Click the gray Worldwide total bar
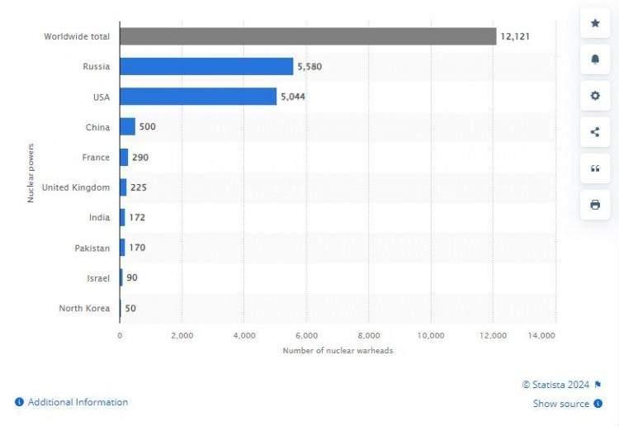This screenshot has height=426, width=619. [x=307, y=36]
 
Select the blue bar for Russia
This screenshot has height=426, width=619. [x=206, y=67]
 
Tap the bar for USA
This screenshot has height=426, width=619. [x=198, y=97]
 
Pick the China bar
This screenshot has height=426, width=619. [x=127, y=126]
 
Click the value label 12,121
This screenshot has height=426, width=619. [x=514, y=36]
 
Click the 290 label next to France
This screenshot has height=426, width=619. [x=139, y=157]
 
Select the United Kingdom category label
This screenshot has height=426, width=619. [x=75, y=187]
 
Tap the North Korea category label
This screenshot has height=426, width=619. [x=84, y=308]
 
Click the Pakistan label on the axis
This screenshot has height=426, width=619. [x=90, y=248]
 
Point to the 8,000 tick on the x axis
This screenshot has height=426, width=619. [x=370, y=335]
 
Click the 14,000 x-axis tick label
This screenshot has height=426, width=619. [x=541, y=335]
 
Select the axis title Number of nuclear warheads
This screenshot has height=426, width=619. [x=338, y=351]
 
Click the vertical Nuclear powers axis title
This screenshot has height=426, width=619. [x=31, y=173]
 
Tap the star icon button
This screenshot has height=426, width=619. [x=595, y=23]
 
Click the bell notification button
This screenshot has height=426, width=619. [x=595, y=59]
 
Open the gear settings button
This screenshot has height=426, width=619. [x=595, y=96]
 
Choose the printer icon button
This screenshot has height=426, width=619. [x=595, y=205]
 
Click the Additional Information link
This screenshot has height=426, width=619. [x=78, y=402]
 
